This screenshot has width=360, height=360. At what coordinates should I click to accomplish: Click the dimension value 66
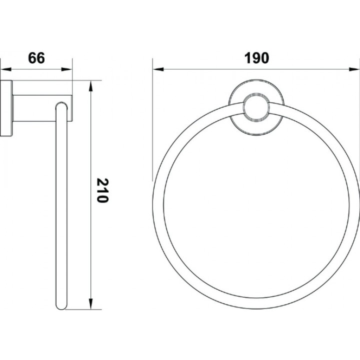tap(36, 58)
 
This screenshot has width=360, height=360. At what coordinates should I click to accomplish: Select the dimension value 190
tap(256, 58)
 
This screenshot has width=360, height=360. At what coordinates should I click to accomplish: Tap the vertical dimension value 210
tap(102, 190)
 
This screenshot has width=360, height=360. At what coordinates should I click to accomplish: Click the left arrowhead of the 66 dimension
tap(5, 69)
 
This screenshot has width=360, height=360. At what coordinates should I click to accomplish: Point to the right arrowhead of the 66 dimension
tap(67, 69)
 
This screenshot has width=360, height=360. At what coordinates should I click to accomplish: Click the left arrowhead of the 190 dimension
tap(158, 69)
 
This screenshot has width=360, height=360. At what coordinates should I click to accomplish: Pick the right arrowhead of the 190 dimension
tap(354, 69)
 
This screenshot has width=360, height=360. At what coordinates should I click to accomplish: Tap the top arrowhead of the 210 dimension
tap(91, 86)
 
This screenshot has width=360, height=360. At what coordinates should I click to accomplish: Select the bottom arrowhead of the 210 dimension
tap(91, 304)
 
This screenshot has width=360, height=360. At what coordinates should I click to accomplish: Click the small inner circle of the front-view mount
tap(256, 107)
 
